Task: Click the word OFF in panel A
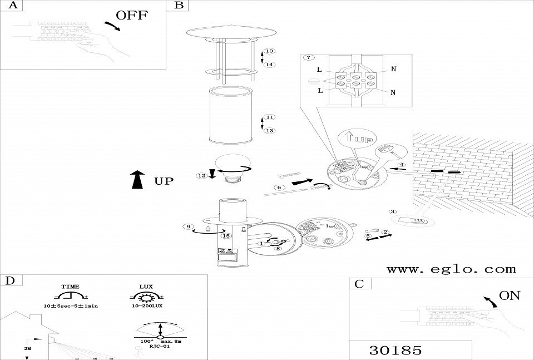pos(132,15)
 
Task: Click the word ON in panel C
pos(510,295)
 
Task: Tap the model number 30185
pos(395,351)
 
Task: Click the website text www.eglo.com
pos(451,269)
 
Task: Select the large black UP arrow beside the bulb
pos(136,180)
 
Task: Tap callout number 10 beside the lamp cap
pos(269,51)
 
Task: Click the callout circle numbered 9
pos(189,226)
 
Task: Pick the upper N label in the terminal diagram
pos(393,70)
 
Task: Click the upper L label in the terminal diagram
pos(319,70)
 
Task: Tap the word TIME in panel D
pos(70,286)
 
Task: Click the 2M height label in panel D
pos(27,348)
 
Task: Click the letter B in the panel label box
pos(179,6)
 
